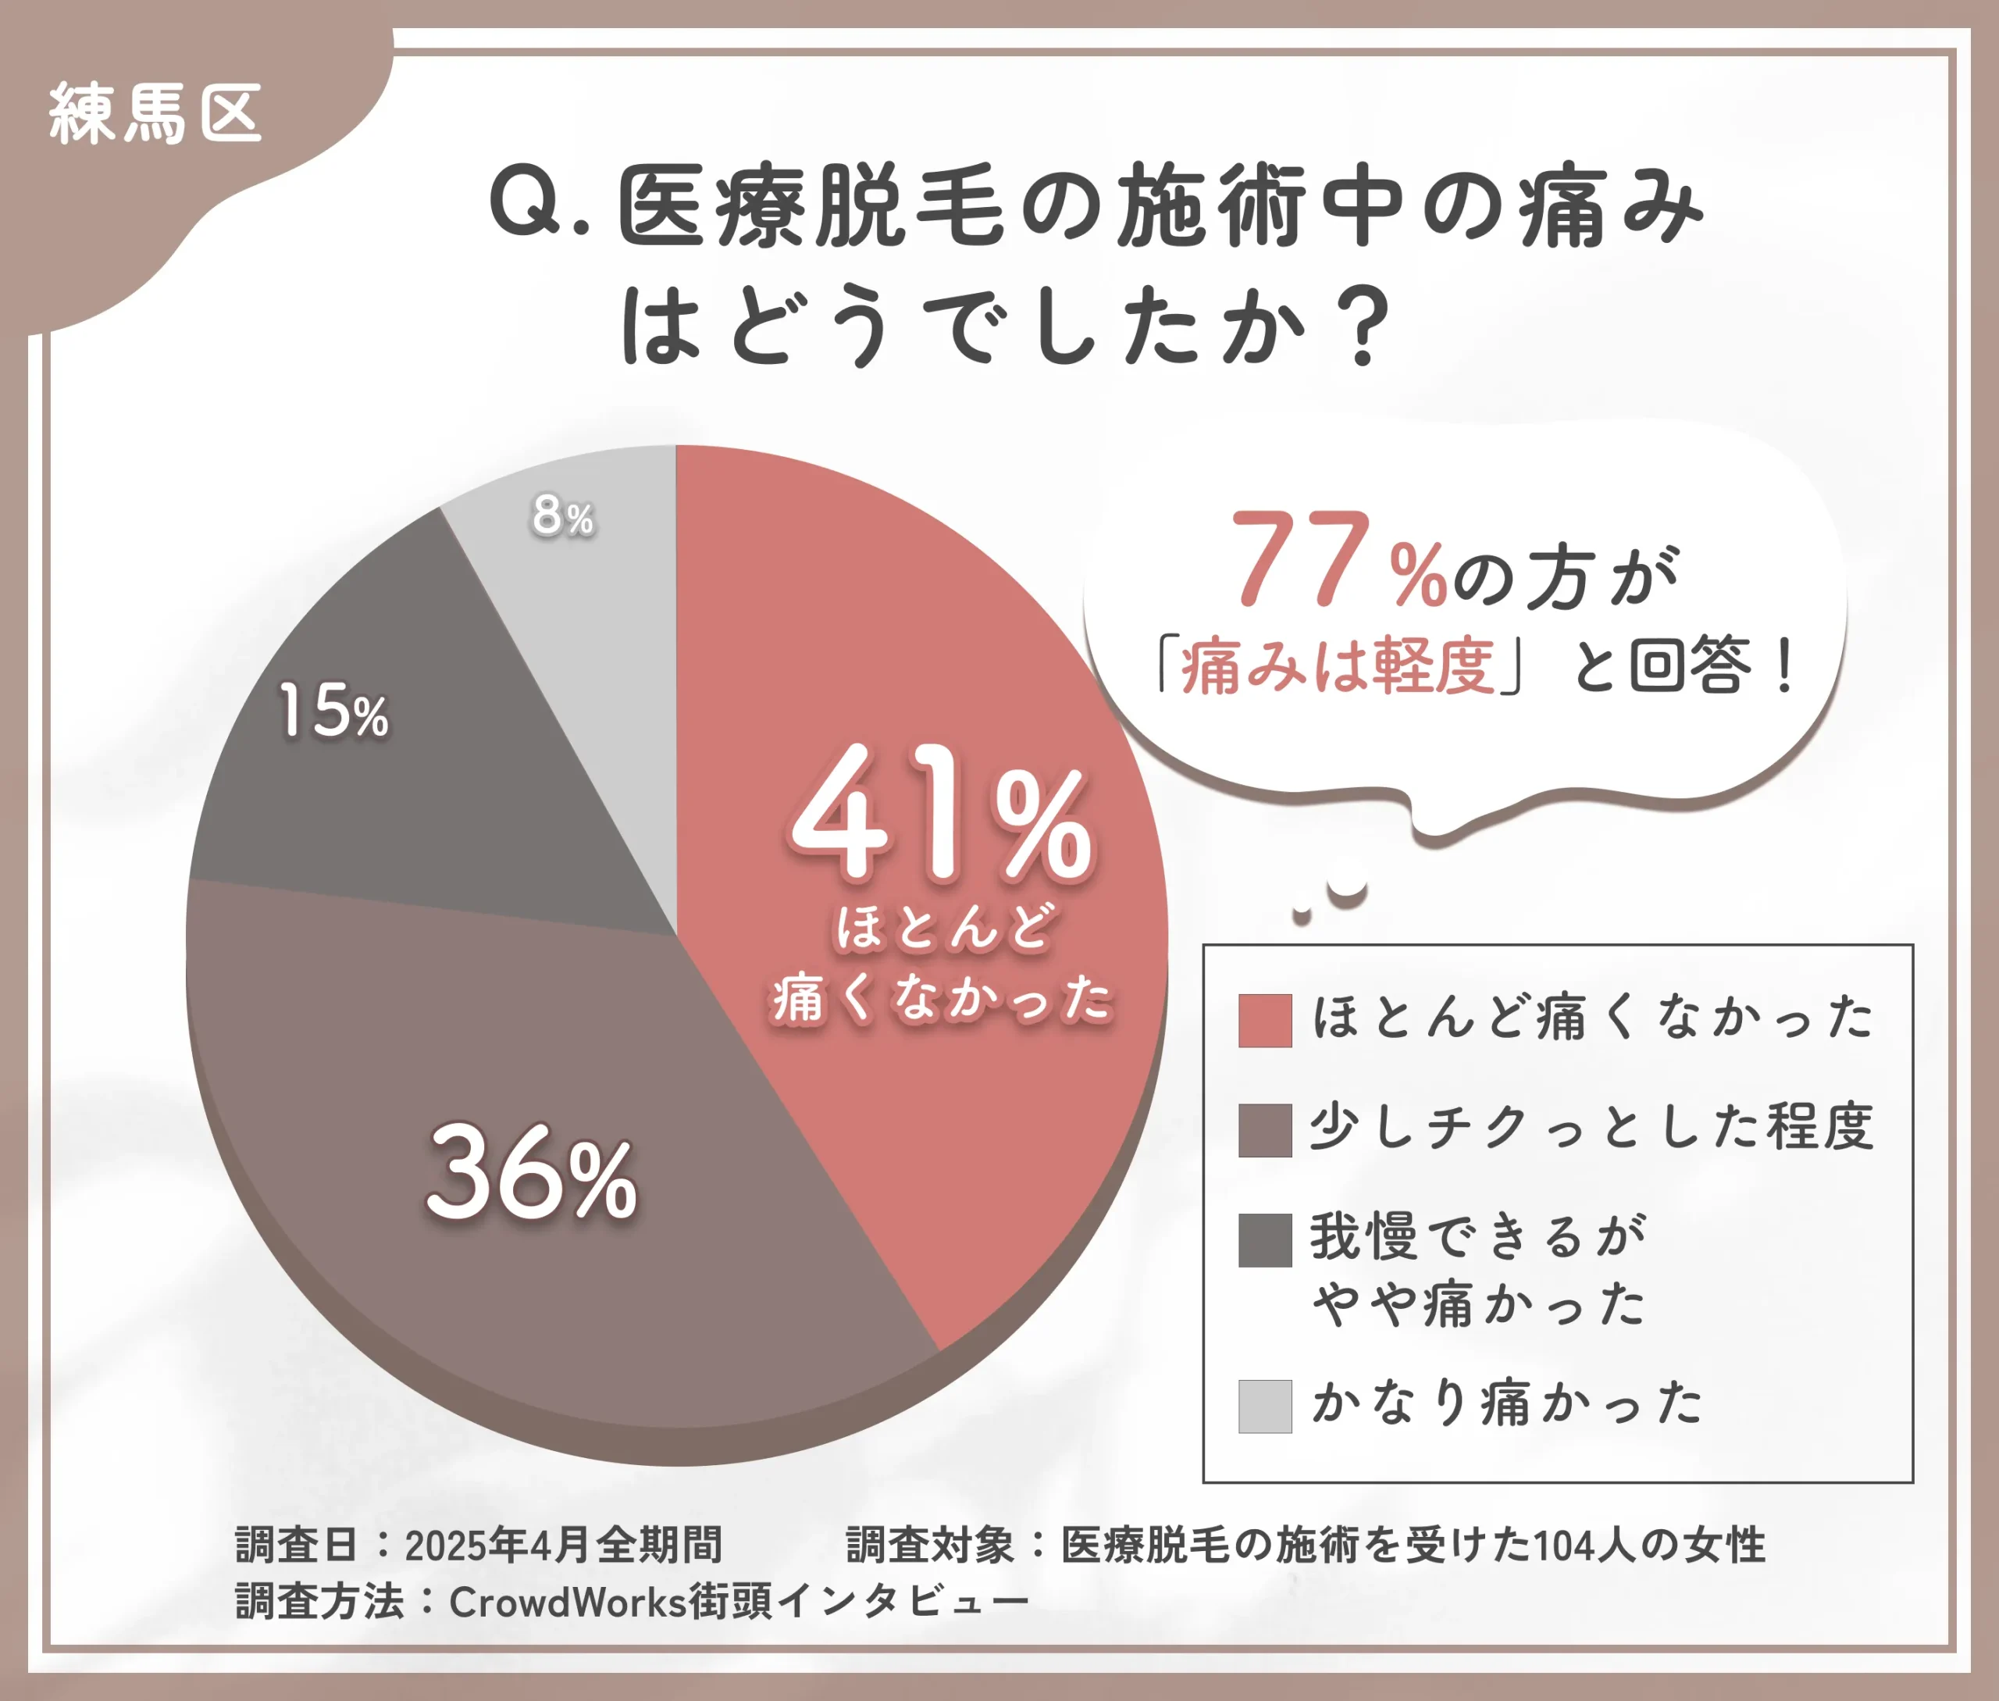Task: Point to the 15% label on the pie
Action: click(333, 712)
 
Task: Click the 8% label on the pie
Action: click(563, 517)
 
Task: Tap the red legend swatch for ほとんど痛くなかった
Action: click(1264, 1020)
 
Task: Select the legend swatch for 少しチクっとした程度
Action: click(1264, 1130)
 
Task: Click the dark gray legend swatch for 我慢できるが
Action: click(1264, 1240)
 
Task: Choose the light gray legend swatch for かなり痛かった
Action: click(1264, 1407)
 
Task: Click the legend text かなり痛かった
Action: click(1507, 1403)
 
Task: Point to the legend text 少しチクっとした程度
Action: click(1591, 1126)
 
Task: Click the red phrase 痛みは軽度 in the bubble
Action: click(1338, 667)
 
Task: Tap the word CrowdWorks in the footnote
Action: click(567, 1603)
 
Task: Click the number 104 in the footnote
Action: click(1563, 1545)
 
